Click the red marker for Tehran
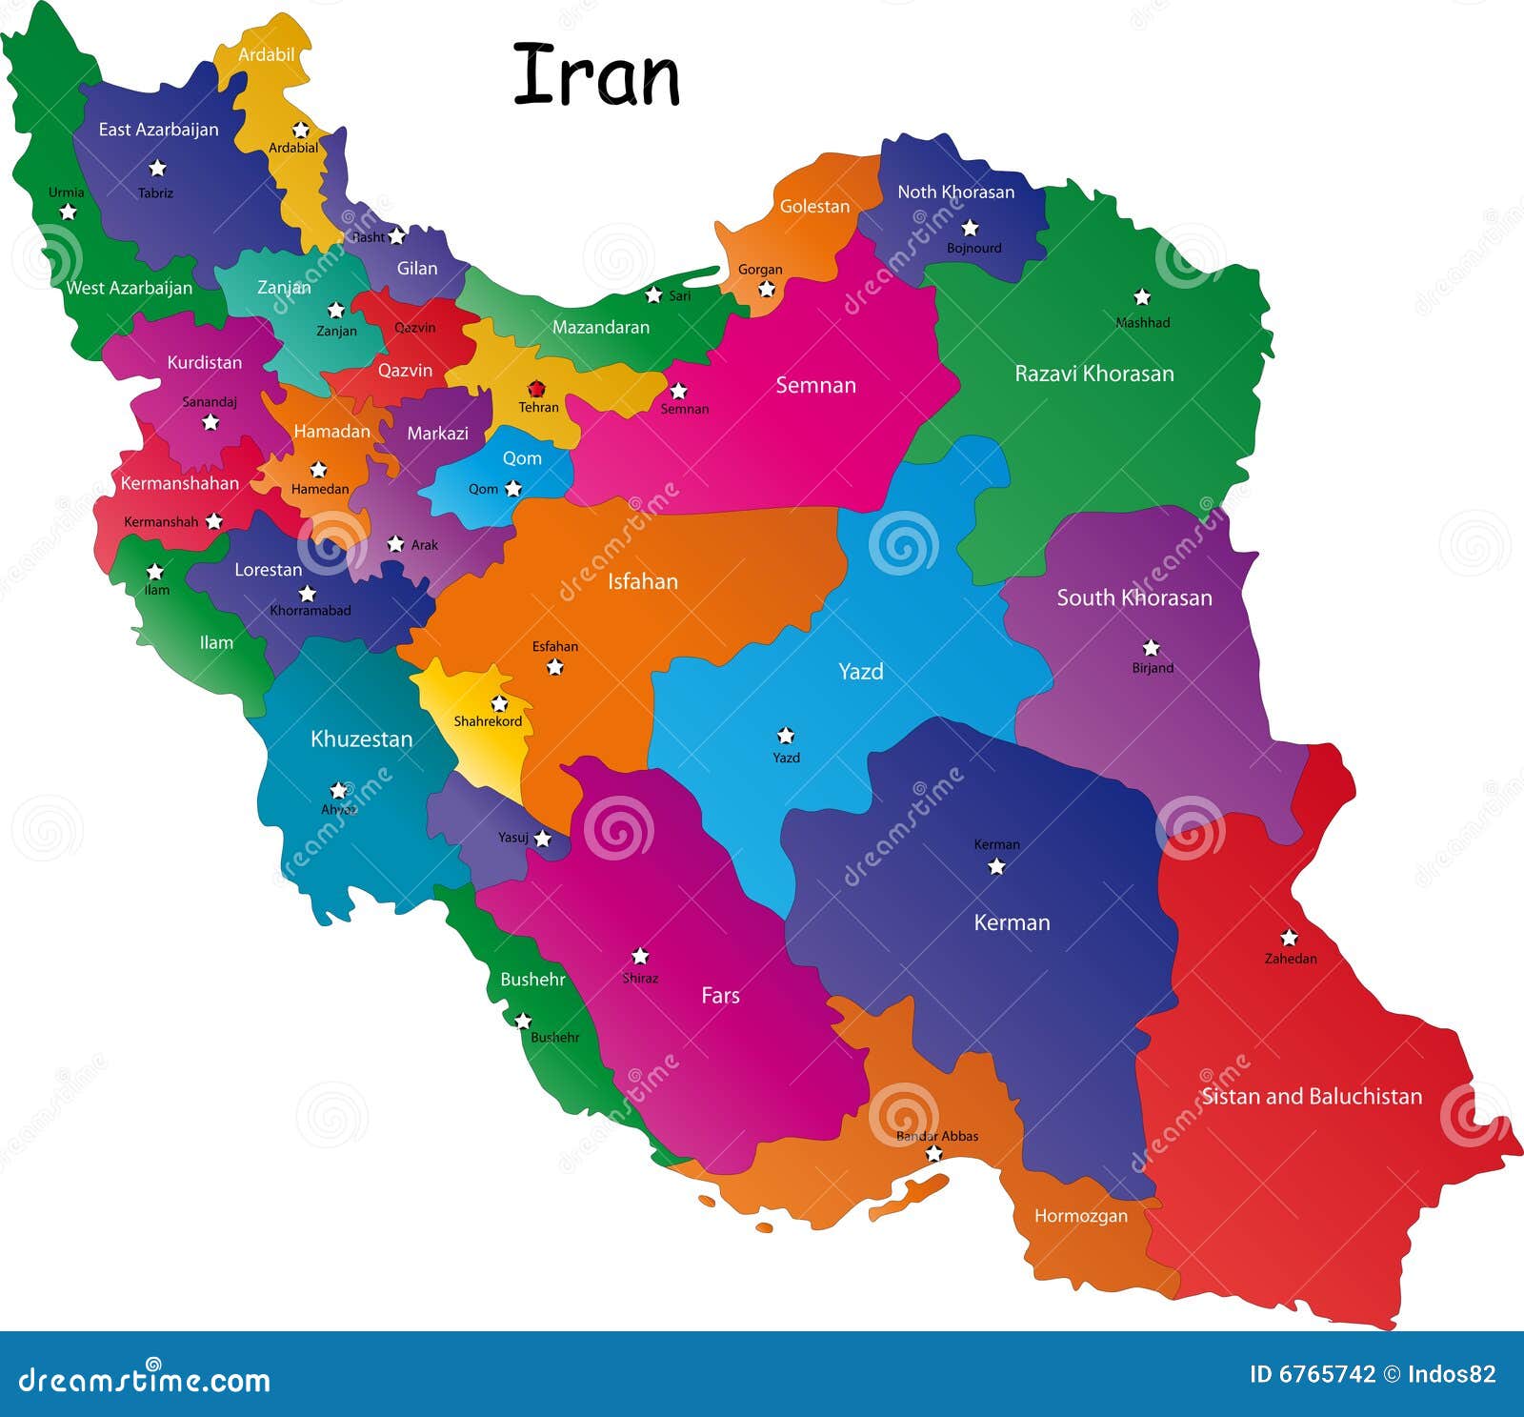pyautogui.click(x=536, y=389)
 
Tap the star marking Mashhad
pyautogui.click(x=1142, y=297)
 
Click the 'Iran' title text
pyautogui.click(x=596, y=76)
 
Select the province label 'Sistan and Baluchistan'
pyautogui.click(x=1312, y=1096)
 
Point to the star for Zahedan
pyautogui.click(x=1289, y=938)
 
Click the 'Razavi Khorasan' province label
pyautogui.click(x=1093, y=374)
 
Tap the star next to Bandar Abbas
pyautogui.click(x=933, y=1154)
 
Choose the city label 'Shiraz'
pyautogui.click(x=640, y=978)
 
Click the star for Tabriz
pyautogui.click(x=157, y=169)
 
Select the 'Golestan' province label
pyautogui.click(x=814, y=206)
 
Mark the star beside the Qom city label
pyautogui.click(x=512, y=489)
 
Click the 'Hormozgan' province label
pyautogui.click(x=1080, y=1216)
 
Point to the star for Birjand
pyautogui.click(x=1151, y=648)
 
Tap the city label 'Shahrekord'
pyautogui.click(x=488, y=721)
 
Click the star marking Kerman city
pyautogui.click(x=996, y=866)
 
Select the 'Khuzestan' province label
pyautogui.click(x=361, y=739)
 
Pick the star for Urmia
pyautogui.click(x=68, y=212)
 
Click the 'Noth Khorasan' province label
pyautogui.click(x=955, y=192)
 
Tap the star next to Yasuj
pyautogui.click(x=542, y=839)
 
